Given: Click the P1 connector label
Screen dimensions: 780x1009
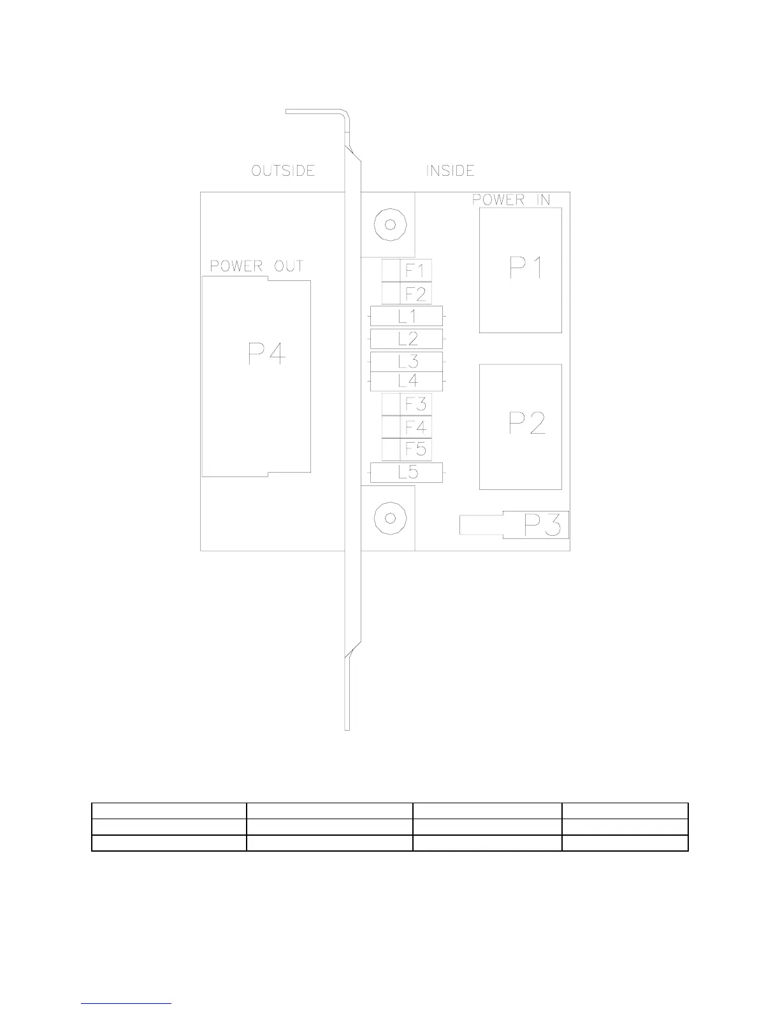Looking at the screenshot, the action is click(526, 268).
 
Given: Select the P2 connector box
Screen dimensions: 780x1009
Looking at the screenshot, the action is click(521, 426).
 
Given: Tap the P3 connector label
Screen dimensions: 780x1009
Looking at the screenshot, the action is click(542, 526).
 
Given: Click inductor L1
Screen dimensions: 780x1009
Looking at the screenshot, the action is click(407, 316).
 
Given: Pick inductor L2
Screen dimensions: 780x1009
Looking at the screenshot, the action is click(407, 338).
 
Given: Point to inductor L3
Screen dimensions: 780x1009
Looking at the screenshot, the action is click(407, 361).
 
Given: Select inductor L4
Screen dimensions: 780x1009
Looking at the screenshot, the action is click(407, 381).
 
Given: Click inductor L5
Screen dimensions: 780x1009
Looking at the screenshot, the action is click(407, 473).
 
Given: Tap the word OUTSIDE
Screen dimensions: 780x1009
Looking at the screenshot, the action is click(283, 171).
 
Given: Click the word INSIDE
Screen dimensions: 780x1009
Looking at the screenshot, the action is click(450, 171).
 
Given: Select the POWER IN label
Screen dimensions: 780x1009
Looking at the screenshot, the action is click(511, 199).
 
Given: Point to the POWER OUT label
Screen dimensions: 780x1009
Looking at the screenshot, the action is click(257, 266).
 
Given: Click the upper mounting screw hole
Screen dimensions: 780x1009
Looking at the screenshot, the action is click(389, 224).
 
